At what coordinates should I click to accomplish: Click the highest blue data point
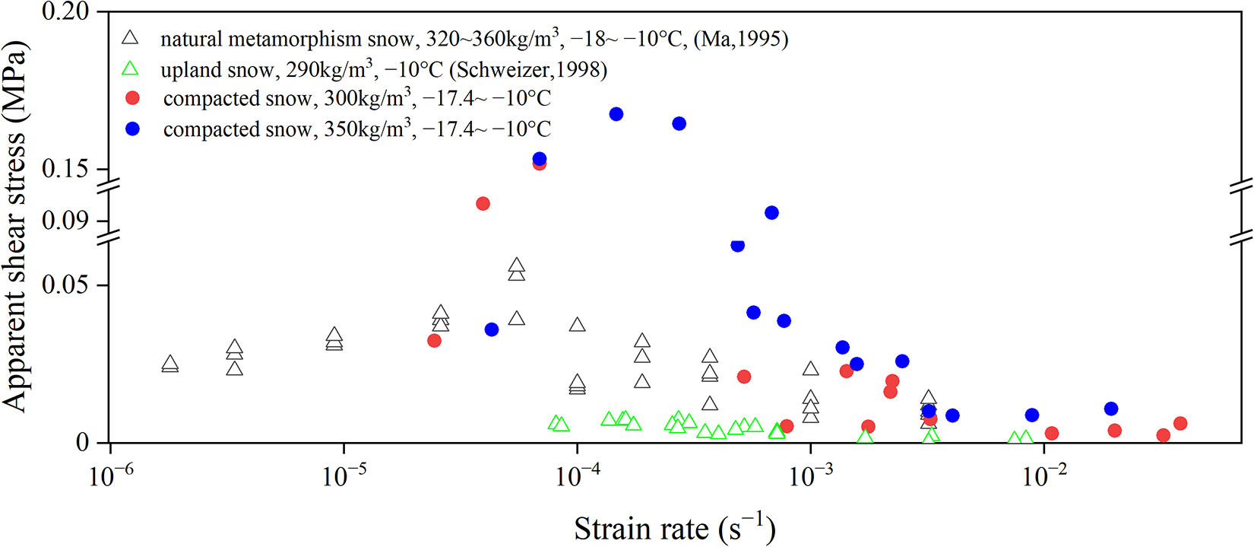[x=616, y=114]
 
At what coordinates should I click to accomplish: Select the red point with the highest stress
[x=540, y=163]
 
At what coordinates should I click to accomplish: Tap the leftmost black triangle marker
[x=170, y=364]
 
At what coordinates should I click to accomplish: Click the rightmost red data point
[x=1180, y=424]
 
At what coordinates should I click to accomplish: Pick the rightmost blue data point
[x=1111, y=409]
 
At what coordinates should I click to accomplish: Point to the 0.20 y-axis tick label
[x=65, y=11]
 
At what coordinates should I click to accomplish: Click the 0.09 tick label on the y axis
[x=65, y=221]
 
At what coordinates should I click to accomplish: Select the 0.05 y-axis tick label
[x=65, y=285]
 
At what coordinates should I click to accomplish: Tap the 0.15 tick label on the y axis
[x=65, y=169]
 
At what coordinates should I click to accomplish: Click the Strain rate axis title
[x=674, y=528]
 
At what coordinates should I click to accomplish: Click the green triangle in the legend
[x=131, y=69]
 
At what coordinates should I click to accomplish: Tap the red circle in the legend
[x=133, y=99]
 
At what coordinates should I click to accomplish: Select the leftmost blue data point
[x=492, y=329]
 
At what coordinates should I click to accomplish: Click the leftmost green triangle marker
[x=556, y=423]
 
